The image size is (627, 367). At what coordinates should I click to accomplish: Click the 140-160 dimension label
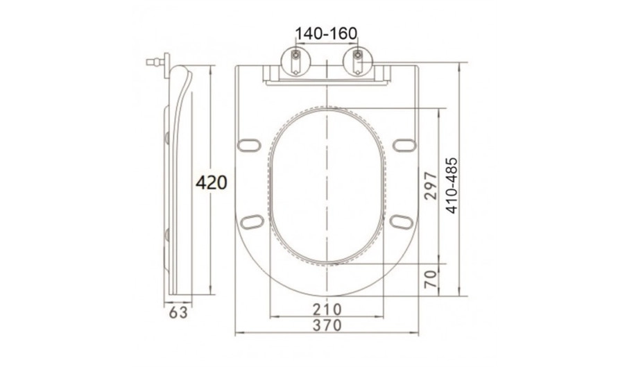(x=326, y=33)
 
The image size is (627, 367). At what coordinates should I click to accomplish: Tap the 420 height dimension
(x=211, y=182)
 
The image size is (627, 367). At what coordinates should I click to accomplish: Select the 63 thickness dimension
(x=178, y=313)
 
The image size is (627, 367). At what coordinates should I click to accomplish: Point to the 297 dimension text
(x=430, y=185)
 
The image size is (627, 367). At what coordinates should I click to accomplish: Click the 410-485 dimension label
(x=452, y=185)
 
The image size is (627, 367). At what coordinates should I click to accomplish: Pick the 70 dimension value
(x=430, y=279)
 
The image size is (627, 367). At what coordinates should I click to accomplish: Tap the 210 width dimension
(x=327, y=309)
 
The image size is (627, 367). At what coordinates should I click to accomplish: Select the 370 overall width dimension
(x=327, y=325)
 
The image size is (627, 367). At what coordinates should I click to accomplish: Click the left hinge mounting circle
(x=295, y=61)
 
